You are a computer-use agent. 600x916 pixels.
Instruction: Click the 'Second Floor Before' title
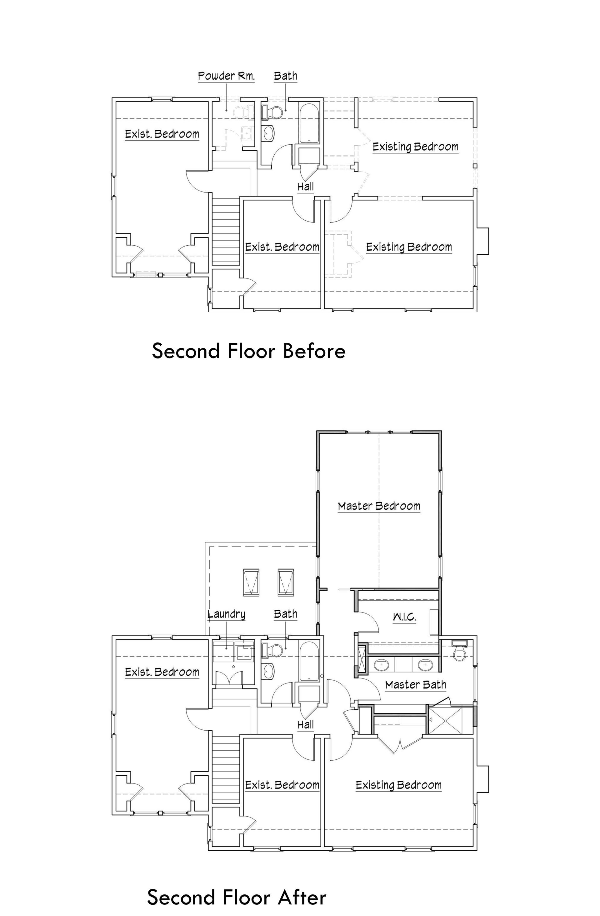pyautogui.click(x=249, y=351)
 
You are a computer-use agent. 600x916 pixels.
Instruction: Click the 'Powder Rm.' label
pyautogui.click(x=226, y=76)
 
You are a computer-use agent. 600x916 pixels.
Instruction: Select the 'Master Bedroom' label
pyautogui.click(x=379, y=506)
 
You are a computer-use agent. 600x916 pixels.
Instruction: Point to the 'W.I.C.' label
pyautogui.click(x=404, y=617)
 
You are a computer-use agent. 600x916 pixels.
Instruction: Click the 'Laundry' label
pyautogui.click(x=226, y=614)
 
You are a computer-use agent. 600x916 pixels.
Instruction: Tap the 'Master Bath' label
pyautogui.click(x=416, y=685)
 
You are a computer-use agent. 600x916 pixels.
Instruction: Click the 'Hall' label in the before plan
pyautogui.click(x=306, y=187)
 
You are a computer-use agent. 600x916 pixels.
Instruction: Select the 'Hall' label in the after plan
pyautogui.click(x=306, y=725)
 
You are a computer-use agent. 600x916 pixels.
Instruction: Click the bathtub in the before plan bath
pyautogui.click(x=309, y=123)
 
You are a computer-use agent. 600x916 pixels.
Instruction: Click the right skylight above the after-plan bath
pyautogui.click(x=286, y=582)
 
